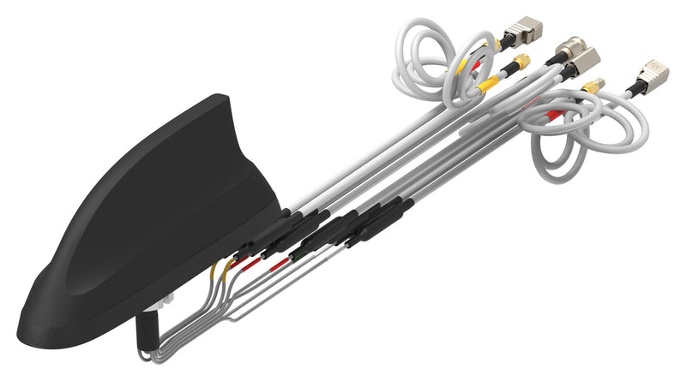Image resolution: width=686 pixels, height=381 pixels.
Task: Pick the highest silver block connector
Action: [x=517, y=33]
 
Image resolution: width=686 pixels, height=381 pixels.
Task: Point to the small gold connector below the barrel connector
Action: [x=592, y=85]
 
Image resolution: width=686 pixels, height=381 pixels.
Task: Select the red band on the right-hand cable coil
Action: [x=555, y=114]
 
